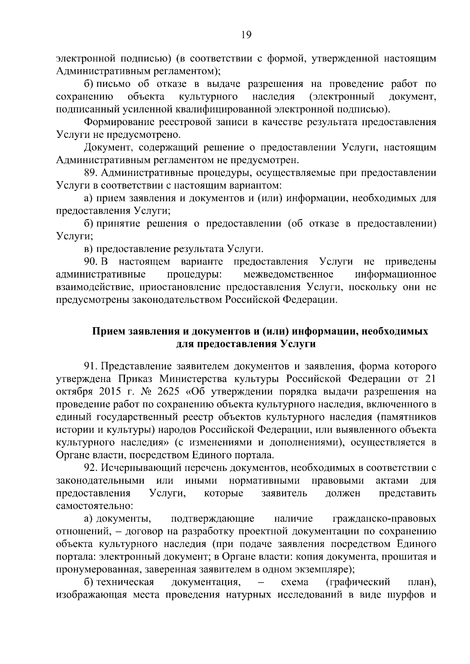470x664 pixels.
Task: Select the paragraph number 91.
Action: point(91,366)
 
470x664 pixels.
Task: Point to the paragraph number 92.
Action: point(92,468)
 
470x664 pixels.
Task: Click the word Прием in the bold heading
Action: point(108,331)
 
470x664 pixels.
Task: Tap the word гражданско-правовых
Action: point(384,518)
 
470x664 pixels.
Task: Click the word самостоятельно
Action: point(94,506)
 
